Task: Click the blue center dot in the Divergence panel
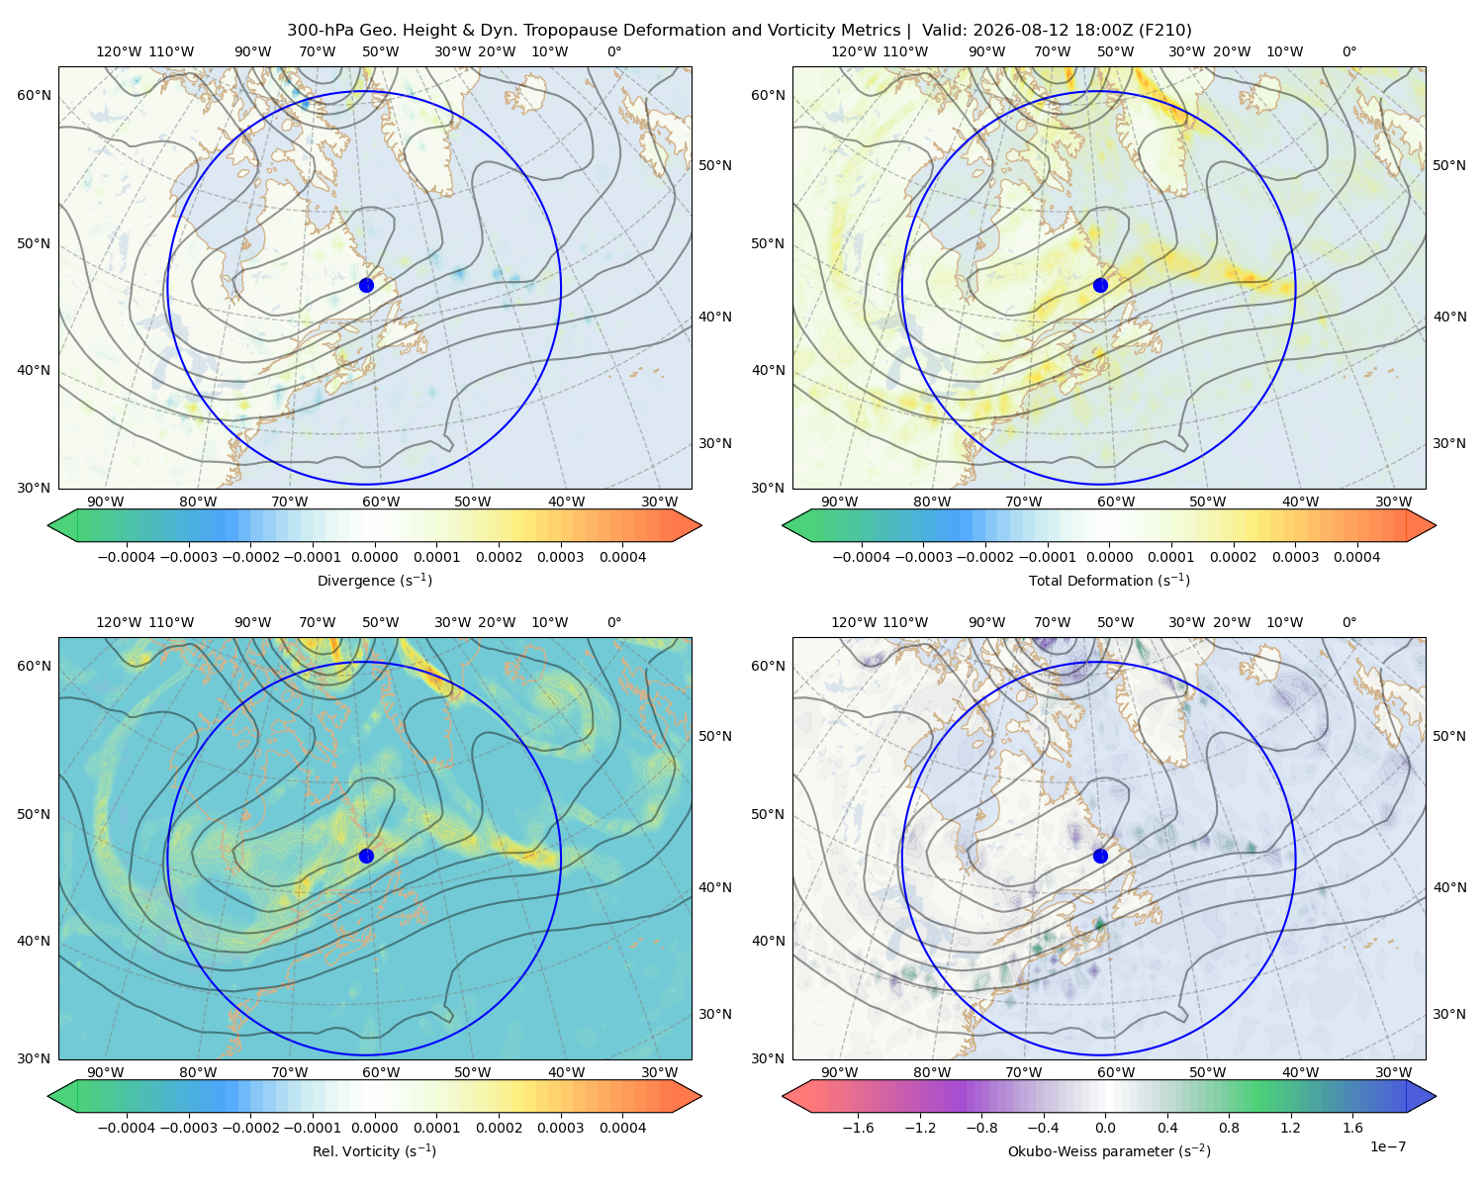pyautogui.click(x=366, y=285)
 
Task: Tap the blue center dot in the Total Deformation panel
pyautogui.click(x=1100, y=285)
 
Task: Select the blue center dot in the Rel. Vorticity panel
pyautogui.click(x=366, y=856)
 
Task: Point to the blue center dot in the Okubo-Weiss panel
pyautogui.click(x=1100, y=856)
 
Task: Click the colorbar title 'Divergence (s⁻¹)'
pyautogui.click(x=374, y=580)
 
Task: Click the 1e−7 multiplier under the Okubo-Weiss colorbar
pyautogui.click(x=1387, y=1146)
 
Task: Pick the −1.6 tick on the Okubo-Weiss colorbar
pyautogui.click(x=858, y=1128)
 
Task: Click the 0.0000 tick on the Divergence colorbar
pyautogui.click(x=374, y=557)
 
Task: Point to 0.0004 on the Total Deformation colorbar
pyautogui.click(x=1357, y=557)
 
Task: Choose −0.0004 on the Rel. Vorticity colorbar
pyautogui.click(x=127, y=1128)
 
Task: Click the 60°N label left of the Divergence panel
pyautogui.click(x=34, y=95)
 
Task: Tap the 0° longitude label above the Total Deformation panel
pyautogui.click(x=1348, y=51)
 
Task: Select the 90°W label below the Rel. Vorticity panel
pyautogui.click(x=106, y=1072)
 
